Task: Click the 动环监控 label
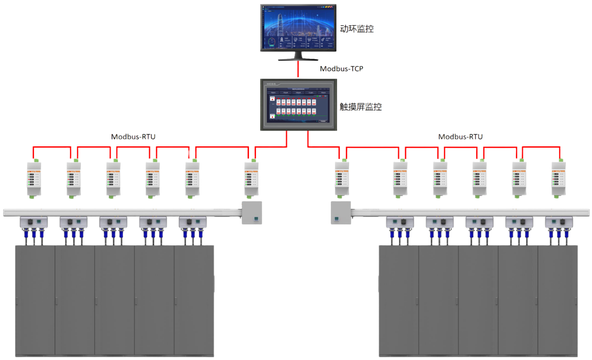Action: (x=357, y=29)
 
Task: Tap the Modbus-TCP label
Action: (x=342, y=69)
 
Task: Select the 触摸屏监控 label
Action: (x=361, y=107)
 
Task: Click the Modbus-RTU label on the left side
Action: (x=133, y=137)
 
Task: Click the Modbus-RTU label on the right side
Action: (x=460, y=137)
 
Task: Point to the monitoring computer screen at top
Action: (x=298, y=28)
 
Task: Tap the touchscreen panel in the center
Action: (x=298, y=104)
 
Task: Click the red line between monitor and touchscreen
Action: (x=298, y=69)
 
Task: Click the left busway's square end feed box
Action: (x=252, y=213)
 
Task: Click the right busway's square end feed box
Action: (x=340, y=213)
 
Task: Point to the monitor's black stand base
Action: (x=298, y=58)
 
